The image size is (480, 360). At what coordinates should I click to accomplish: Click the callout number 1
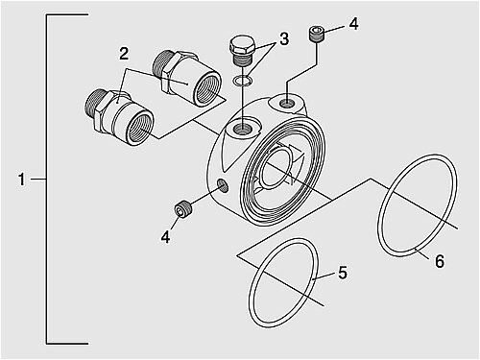click(x=21, y=180)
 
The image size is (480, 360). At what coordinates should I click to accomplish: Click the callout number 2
click(x=124, y=54)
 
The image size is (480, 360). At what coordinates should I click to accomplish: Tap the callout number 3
click(x=284, y=39)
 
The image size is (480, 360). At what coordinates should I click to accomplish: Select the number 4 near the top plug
click(x=353, y=24)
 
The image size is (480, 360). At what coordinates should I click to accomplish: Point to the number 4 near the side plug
click(x=166, y=237)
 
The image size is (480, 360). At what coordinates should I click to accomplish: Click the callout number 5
click(x=343, y=273)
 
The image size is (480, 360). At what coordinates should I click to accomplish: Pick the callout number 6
click(x=440, y=261)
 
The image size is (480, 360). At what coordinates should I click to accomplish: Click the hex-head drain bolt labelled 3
click(x=243, y=51)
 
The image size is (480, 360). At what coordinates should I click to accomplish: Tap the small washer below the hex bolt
click(x=242, y=81)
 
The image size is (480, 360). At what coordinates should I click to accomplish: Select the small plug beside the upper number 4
click(x=317, y=34)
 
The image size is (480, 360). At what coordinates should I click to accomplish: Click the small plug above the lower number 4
click(x=183, y=209)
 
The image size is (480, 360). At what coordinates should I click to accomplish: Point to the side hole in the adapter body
click(x=223, y=185)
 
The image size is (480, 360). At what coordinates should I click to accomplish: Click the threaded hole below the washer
click(x=242, y=129)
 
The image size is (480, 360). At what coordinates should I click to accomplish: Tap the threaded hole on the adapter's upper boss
click(x=287, y=104)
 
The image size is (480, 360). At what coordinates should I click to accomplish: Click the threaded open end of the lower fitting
click(x=140, y=127)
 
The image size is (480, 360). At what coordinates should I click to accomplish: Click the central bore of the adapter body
click(x=276, y=167)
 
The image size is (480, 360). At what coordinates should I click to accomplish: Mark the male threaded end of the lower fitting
click(x=93, y=104)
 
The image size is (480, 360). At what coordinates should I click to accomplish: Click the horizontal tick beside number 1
click(x=38, y=180)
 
